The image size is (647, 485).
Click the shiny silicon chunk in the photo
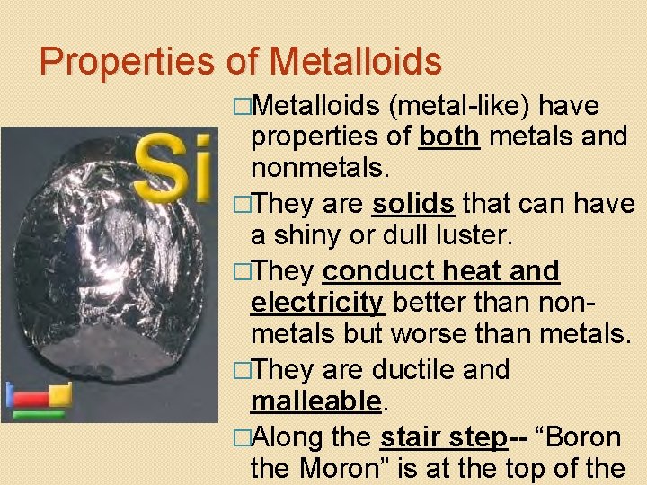108,269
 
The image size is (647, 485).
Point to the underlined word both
449,138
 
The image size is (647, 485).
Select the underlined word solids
412,204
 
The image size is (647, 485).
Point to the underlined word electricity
316,303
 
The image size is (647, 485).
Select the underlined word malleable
316,401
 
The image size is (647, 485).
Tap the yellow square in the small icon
60,392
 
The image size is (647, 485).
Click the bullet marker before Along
240,437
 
